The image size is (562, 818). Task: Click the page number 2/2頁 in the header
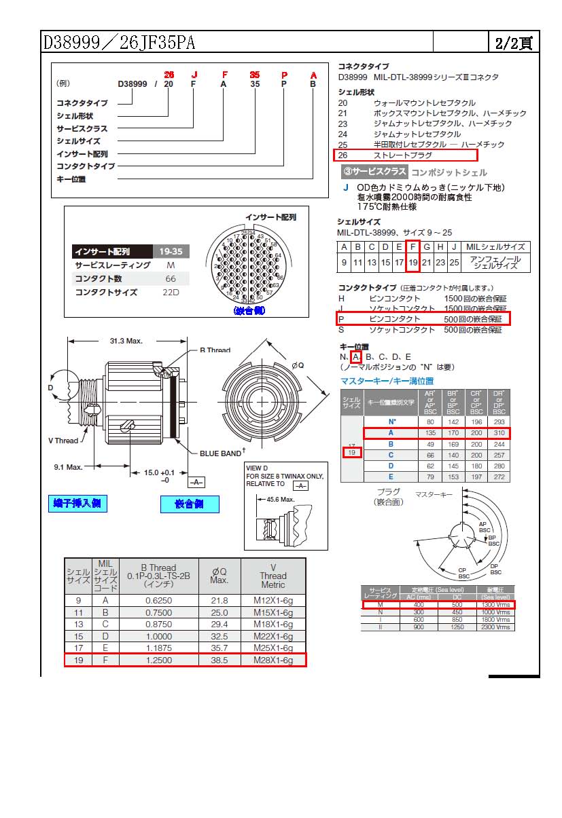coord(514,43)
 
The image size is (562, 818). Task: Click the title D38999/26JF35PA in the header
coord(120,43)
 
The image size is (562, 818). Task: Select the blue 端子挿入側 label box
coord(80,503)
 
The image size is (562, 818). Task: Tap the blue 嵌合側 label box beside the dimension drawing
coord(190,504)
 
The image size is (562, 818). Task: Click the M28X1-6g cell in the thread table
coord(273,659)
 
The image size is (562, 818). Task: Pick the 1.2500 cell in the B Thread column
coord(158,659)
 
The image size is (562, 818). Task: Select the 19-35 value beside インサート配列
coord(171,251)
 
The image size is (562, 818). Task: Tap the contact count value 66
coord(171,279)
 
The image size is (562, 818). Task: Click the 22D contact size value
coord(171,293)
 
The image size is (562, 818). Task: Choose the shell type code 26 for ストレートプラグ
coord(343,155)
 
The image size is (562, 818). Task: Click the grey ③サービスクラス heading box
coord(374,172)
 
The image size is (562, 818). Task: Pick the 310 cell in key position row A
coord(499,433)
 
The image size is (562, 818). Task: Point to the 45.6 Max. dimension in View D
coord(280,499)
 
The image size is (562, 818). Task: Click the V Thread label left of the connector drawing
coord(63,441)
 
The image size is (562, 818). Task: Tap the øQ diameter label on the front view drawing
coord(297,365)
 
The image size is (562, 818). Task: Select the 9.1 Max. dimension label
coord(69,467)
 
